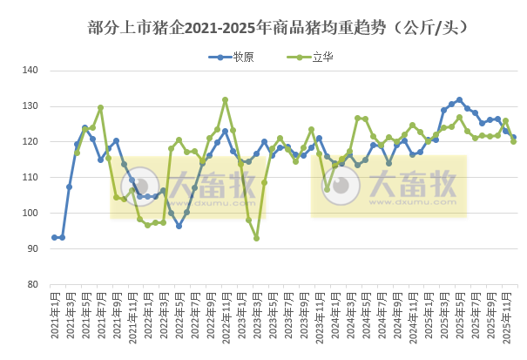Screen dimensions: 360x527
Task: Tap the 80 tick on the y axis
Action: pos(31,284)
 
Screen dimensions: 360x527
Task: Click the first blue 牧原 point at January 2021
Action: pos(54,237)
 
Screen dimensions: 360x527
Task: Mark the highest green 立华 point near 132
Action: pos(225,99)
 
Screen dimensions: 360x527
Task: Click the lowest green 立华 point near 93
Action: pos(256,238)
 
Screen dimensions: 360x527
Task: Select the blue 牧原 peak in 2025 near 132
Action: pos(459,100)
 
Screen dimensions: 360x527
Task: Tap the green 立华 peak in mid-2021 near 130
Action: pos(100,108)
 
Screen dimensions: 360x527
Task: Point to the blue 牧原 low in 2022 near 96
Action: pos(179,226)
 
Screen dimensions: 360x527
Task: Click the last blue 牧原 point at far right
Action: pos(513,137)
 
